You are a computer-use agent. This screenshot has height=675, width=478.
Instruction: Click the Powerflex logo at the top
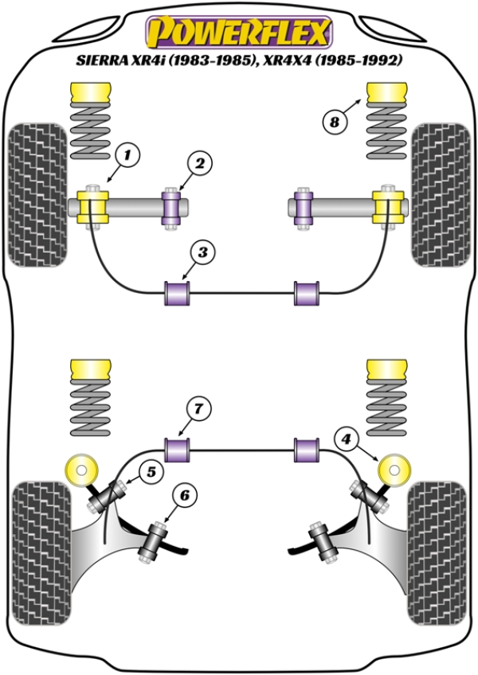pyautogui.click(x=237, y=32)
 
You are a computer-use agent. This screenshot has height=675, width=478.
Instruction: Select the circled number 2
pyautogui.click(x=200, y=164)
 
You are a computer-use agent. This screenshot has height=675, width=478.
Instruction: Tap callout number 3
pyautogui.click(x=203, y=253)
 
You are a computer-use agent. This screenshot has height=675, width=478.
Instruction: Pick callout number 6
pyautogui.click(x=184, y=496)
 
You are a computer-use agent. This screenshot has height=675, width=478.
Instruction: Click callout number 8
pyautogui.click(x=334, y=122)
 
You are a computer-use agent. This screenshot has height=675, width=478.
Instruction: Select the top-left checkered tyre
pyautogui.click(x=36, y=194)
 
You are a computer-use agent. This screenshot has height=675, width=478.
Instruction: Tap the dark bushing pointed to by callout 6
pyautogui.click(x=152, y=541)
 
